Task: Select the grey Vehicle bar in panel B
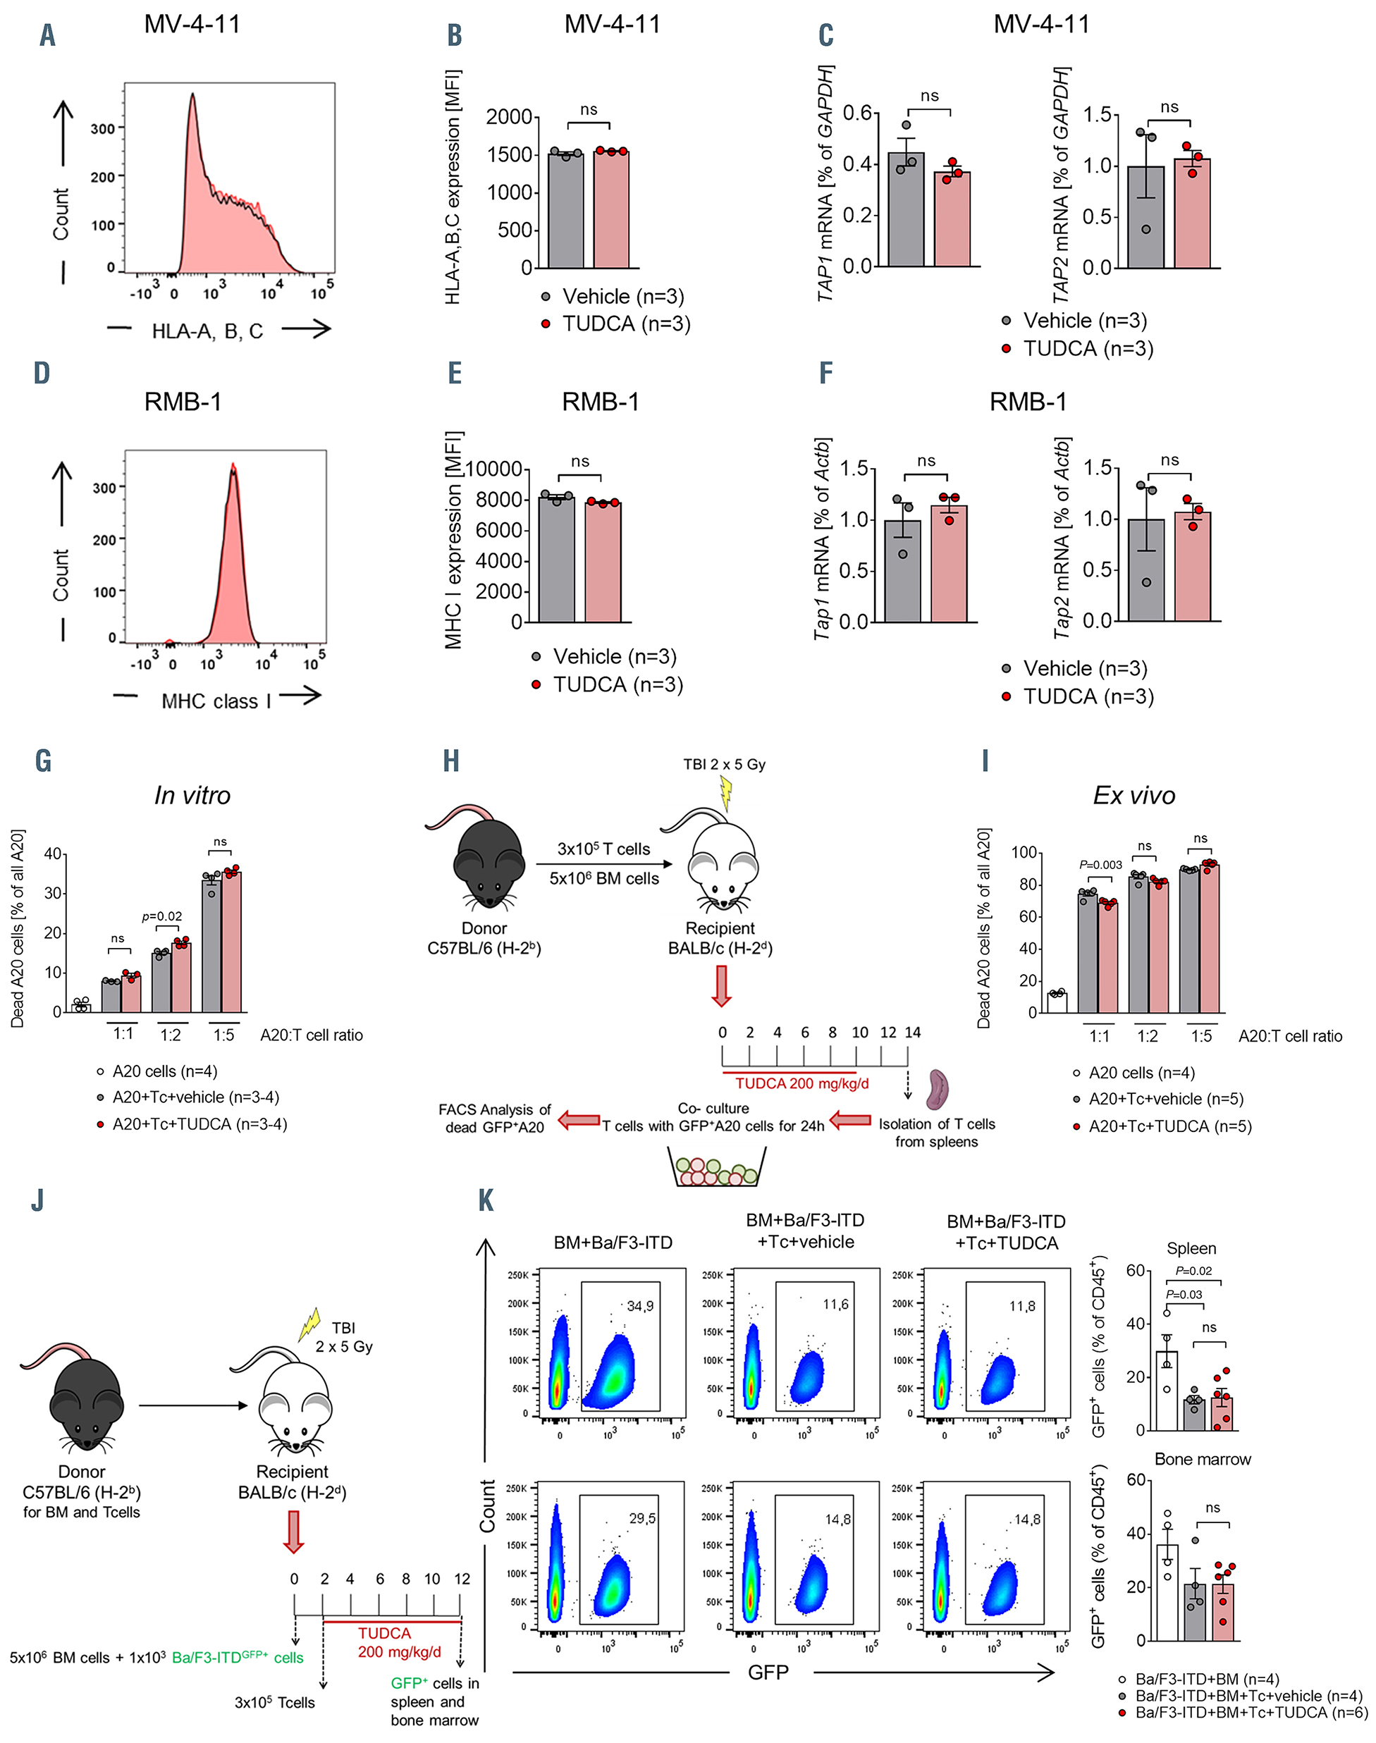[x=565, y=211]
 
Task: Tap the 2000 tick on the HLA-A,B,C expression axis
[x=509, y=118]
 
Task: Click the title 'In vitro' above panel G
[x=192, y=796]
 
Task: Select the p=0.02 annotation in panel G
[x=162, y=916]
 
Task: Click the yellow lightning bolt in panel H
[x=726, y=793]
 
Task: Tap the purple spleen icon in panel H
[x=938, y=1088]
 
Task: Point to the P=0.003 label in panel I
[x=1100, y=865]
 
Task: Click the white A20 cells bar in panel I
[x=1057, y=1002]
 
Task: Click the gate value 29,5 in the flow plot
[x=642, y=1518]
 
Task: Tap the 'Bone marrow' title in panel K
[x=1202, y=1460]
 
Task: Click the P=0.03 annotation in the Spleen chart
[x=1184, y=1294]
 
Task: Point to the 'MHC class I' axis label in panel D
[x=216, y=701]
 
